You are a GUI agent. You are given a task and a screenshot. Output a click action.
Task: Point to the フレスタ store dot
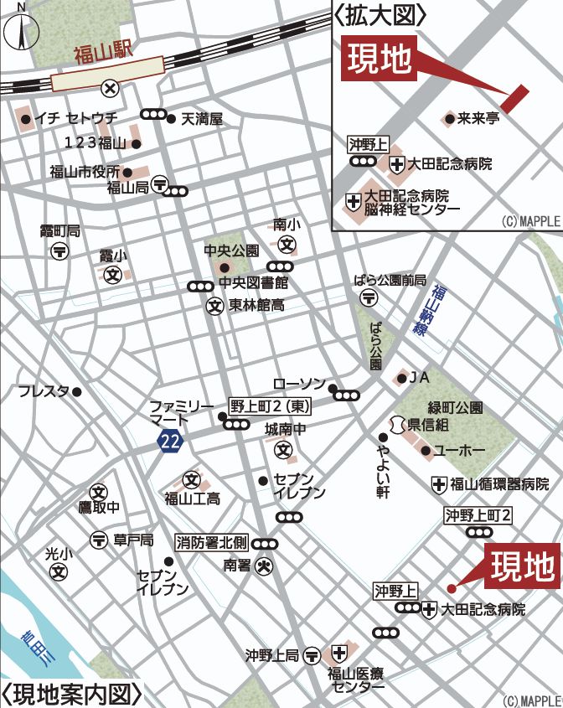point(77,391)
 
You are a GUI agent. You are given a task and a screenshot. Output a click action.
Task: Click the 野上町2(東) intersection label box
point(271,406)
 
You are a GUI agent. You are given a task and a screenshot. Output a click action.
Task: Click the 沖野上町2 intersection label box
point(478,514)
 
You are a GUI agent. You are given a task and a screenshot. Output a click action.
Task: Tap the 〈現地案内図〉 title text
point(70,695)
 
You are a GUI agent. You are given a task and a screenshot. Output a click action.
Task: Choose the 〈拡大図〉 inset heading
point(380,14)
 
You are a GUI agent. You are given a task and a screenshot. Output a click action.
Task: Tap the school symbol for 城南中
point(284,450)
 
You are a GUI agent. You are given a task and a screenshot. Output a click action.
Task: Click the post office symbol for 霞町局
point(60,251)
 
